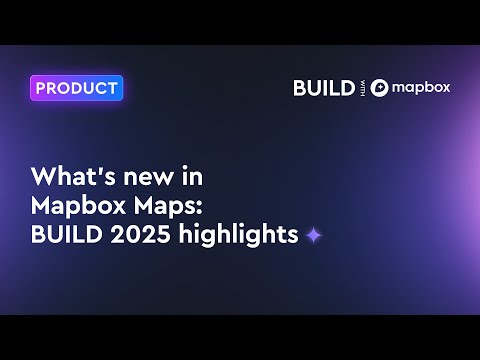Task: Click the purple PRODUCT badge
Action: tap(76, 88)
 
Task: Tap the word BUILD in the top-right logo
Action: tap(323, 88)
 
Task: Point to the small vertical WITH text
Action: tap(362, 88)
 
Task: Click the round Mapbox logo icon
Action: tap(379, 88)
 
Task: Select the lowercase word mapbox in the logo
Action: tap(421, 88)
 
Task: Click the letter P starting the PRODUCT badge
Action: tap(41, 88)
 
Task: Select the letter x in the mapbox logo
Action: tap(445, 88)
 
